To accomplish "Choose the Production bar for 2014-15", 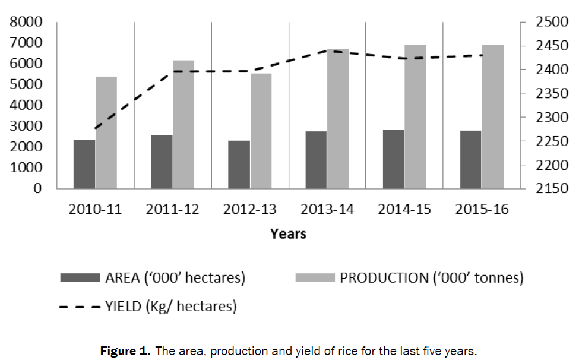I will click(x=415, y=116).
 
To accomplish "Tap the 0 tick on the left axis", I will click(x=37, y=188).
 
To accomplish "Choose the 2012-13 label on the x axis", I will click(x=250, y=210).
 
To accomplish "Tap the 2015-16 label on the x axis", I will click(x=482, y=210).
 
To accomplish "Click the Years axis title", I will click(x=288, y=233).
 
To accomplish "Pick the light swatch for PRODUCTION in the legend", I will click(x=314, y=277).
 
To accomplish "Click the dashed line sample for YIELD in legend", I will click(x=79, y=307).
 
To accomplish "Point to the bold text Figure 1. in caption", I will click(x=125, y=351).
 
